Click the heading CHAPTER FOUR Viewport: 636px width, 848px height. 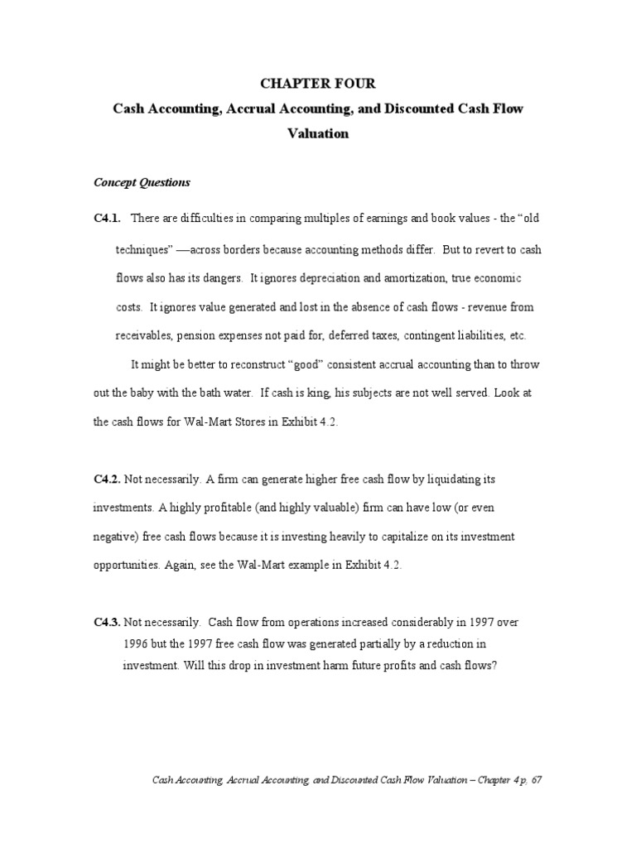pyautogui.click(x=317, y=83)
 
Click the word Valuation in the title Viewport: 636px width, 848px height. pyautogui.click(x=318, y=133)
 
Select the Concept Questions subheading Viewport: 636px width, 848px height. pyautogui.click(x=142, y=182)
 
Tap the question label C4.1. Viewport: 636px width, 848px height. pyautogui.click(x=107, y=218)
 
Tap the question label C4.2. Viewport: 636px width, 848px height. pyautogui.click(x=107, y=479)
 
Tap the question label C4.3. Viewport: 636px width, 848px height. pyautogui.click(x=107, y=621)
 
